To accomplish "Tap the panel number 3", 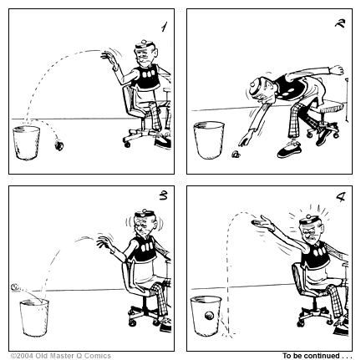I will pyautogui.click(x=161, y=198).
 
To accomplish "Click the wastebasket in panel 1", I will pyautogui.click(x=28, y=143).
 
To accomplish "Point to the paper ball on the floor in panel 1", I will pyautogui.click(x=58, y=145).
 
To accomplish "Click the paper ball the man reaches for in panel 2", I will pyautogui.click(x=236, y=154).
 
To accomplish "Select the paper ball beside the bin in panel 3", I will pyautogui.click(x=14, y=286).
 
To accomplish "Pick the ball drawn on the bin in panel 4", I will pyautogui.click(x=206, y=316).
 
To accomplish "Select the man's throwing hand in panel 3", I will pyautogui.click(x=104, y=243).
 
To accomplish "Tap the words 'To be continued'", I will pyautogui.click(x=317, y=355).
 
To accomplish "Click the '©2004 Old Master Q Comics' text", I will pyautogui.click(x=60, y=355).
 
